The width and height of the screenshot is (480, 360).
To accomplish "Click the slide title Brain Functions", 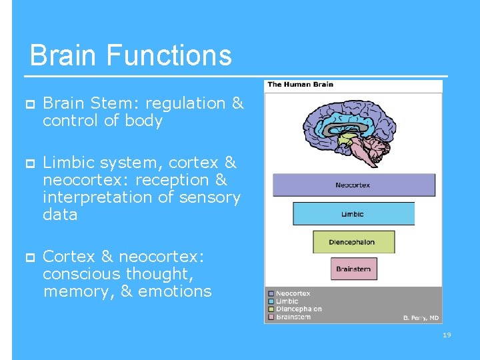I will pos(131,55).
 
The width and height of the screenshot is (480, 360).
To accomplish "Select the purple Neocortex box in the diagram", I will pos(353,185).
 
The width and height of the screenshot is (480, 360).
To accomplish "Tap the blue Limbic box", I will pos(353,213).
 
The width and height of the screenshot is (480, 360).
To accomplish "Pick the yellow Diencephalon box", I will pos(353,242).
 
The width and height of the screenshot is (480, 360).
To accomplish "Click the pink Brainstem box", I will pos(353,269).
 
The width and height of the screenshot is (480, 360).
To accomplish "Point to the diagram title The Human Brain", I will pos(300,85).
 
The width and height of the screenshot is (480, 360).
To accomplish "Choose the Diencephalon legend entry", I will pos(298,309).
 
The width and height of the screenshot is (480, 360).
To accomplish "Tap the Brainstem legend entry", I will pos(293,317).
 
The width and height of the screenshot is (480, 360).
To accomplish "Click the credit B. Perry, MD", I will pos(421,318).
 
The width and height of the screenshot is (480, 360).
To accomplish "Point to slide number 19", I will pos(447,335).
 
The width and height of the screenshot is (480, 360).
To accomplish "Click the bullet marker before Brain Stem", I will pos(29,104).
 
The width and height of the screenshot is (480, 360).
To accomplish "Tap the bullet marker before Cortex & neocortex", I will pos(29,257).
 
